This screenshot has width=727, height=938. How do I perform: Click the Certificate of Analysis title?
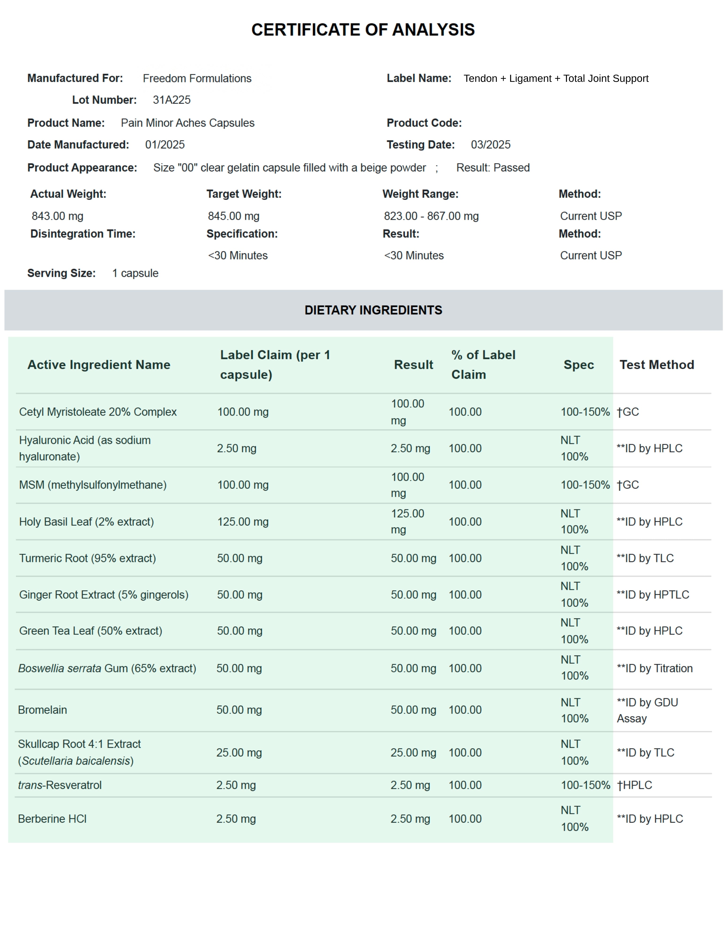coord(363,30)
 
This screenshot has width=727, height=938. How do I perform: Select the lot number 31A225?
coord(172,100)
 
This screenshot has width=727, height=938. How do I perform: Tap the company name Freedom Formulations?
coord(197,79)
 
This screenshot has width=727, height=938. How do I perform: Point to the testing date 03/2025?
coord(490,145)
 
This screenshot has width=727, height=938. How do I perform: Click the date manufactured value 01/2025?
coord(165,145)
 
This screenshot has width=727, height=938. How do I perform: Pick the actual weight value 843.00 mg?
coord(57,216)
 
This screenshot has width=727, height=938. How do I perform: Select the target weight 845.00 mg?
coord(233,216)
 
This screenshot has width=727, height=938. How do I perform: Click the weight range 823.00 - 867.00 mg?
coord(431,216)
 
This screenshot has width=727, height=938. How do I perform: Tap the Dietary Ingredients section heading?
coord(373,310)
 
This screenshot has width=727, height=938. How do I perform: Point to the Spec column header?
coord(578,365)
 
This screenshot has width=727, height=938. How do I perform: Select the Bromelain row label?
coord(42,710)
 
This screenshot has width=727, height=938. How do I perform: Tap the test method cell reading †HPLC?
coord(634,785)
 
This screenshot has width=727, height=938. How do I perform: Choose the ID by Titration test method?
coord(654,668)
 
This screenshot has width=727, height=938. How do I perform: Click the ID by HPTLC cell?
coord(653,595)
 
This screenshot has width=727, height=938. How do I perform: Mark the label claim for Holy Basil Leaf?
coord(243,522)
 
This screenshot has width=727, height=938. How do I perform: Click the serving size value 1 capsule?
coord(135,273)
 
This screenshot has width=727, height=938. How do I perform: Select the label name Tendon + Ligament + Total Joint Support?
coord(555,79)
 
